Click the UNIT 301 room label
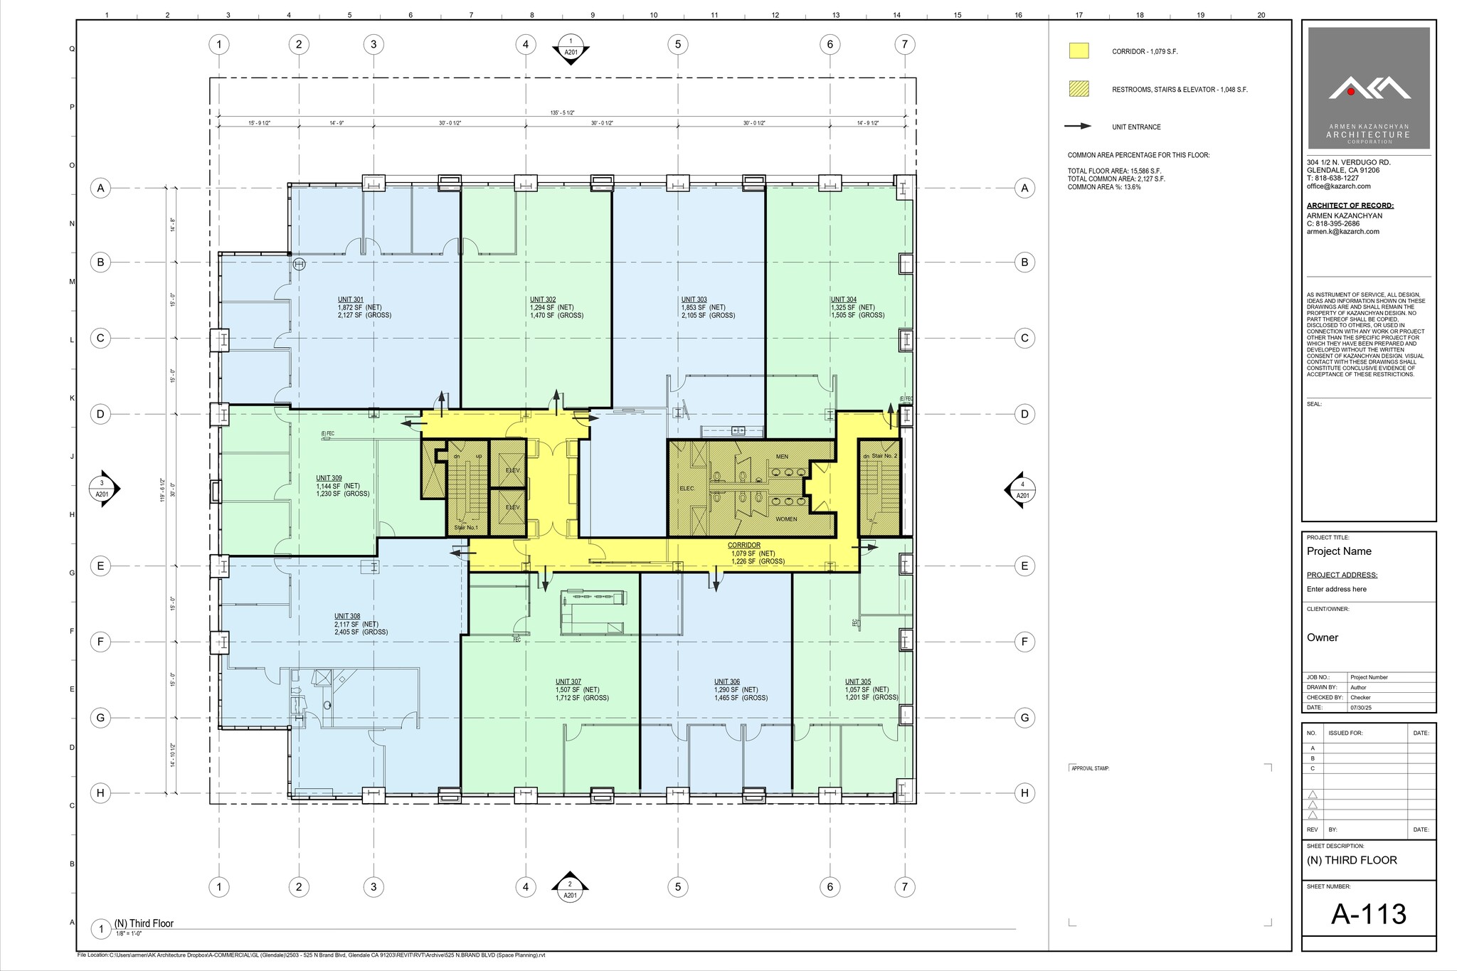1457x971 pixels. (x=350, y=299)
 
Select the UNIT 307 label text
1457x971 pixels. (x=568, y=681)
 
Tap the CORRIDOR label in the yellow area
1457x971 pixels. (x=743, y=546)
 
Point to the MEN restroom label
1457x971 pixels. (x=782, y=457)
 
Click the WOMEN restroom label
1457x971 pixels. (x=786, y=519)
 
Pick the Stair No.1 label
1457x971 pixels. (x=466, y=527)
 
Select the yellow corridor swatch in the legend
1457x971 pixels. (x=1079, y=51)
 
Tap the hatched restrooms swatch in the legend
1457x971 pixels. (x=1079, y=90)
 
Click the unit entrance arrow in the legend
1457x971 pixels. (x=1078, y=127)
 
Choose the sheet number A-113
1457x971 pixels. (x=1368, y=914)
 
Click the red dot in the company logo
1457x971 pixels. (x=1351, y=92)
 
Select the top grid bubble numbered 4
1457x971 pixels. (x=525, y=45)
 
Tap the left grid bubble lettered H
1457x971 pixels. (x=101, y=792)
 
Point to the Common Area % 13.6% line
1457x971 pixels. (x=1103, y=187)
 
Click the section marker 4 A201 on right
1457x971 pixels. (x=1022, y=489)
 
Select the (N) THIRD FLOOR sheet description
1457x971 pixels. (x=1352, y=860)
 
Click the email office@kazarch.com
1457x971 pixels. (x=1338, y=186)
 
